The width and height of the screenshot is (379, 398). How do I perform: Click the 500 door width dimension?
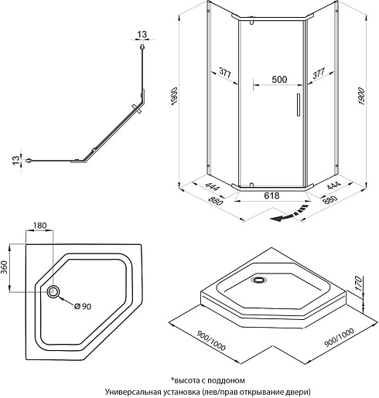pos(279,80)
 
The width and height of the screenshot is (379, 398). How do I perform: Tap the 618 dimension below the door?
pos(271,196)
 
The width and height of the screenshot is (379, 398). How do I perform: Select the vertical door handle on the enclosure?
pos(299,105)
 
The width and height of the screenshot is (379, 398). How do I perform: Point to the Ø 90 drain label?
pos(83,306)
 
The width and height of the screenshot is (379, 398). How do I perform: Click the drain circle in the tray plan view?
pos(53,292)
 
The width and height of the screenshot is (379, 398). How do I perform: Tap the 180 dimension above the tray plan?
pos(39,226)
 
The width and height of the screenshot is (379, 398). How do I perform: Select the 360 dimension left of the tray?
pos(5,267)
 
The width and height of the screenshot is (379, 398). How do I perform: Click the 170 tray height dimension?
pos(358,284)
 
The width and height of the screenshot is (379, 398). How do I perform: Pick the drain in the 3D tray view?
pos(258,280)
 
